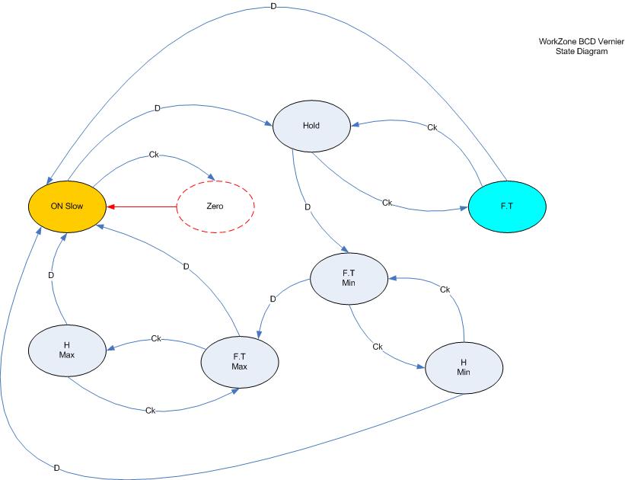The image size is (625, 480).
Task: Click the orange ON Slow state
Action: pos(67,206)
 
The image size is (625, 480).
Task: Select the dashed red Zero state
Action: pos(215,206)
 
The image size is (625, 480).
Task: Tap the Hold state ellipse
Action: pos(311,126)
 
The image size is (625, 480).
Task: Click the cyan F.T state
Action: pos(507,206)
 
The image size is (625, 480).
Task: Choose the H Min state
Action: pos(464,368)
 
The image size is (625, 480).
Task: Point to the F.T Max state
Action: pos(240,360)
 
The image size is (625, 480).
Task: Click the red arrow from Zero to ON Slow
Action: pos(141,206)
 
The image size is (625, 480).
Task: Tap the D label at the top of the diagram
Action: pos(274,6)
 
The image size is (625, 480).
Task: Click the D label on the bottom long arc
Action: pos(56,467)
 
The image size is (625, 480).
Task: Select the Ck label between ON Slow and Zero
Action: pos(153,155)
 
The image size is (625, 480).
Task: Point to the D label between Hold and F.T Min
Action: pos(308,206)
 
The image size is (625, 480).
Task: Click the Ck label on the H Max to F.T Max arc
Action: pos(150,411)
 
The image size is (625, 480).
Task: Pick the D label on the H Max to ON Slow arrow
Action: pos(51,275)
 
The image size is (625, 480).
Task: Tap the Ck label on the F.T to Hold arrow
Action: pos(432,127)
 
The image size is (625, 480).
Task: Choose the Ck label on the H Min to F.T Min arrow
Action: pos(445,290)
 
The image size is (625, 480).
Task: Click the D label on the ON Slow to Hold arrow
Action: pos(157,108)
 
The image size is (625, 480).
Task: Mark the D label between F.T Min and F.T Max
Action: pos(273,299)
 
